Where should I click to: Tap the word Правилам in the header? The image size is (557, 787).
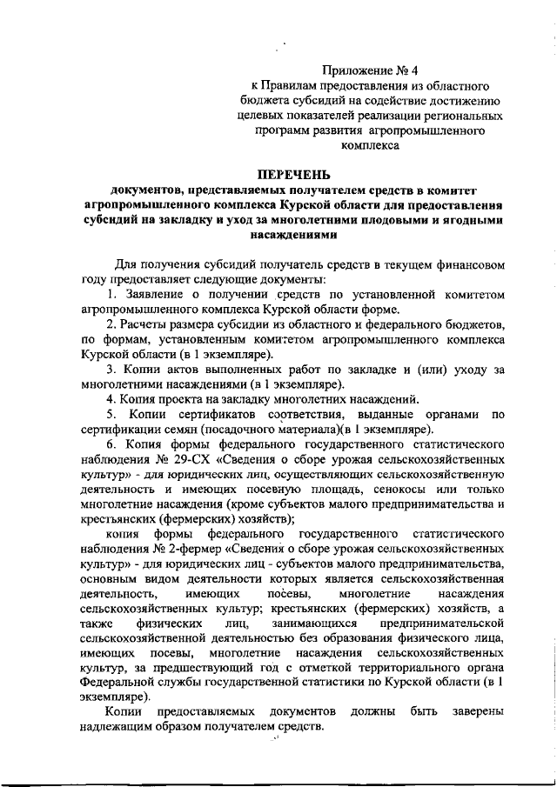(x=285, y=85)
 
